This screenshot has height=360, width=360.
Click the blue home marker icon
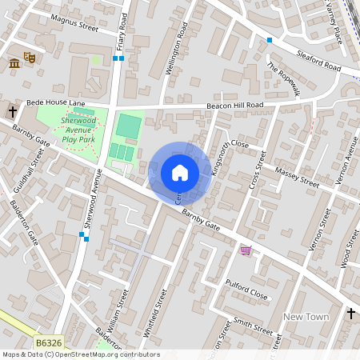(180, 173)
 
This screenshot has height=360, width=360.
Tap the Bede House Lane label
(55, 103)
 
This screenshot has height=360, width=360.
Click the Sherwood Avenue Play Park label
(78, 130)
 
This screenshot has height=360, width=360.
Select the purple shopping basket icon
(245, 250)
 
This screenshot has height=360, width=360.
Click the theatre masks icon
(30, 58)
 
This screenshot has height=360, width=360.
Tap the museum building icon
(14, 63)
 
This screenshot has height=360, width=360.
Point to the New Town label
(306, 317)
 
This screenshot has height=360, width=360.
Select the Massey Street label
(296, 178)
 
